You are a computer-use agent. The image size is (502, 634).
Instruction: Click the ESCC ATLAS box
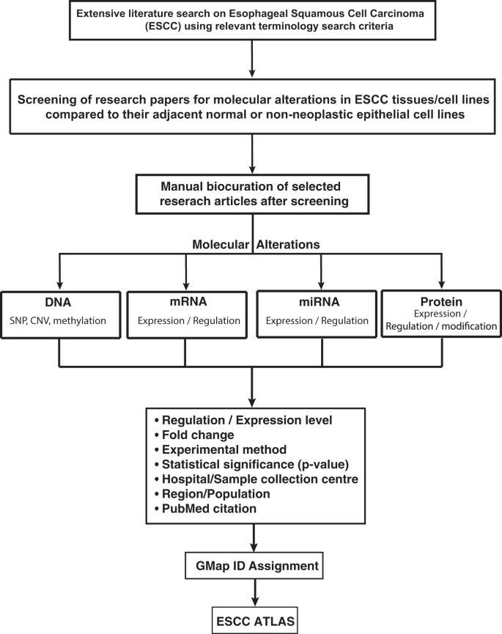pyautogui.click(x=252, y=619)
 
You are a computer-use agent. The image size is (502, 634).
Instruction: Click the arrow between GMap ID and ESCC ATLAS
pyautogui.click(x=252, y=593)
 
